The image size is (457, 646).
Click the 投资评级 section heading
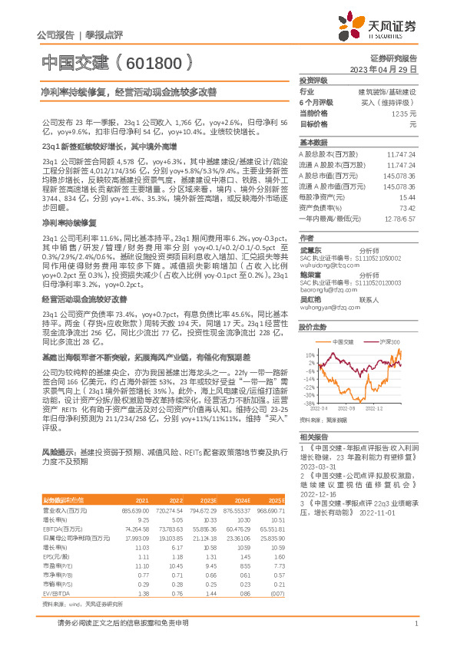[x=313, y=80]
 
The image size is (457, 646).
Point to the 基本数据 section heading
[x=313, y=143]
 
